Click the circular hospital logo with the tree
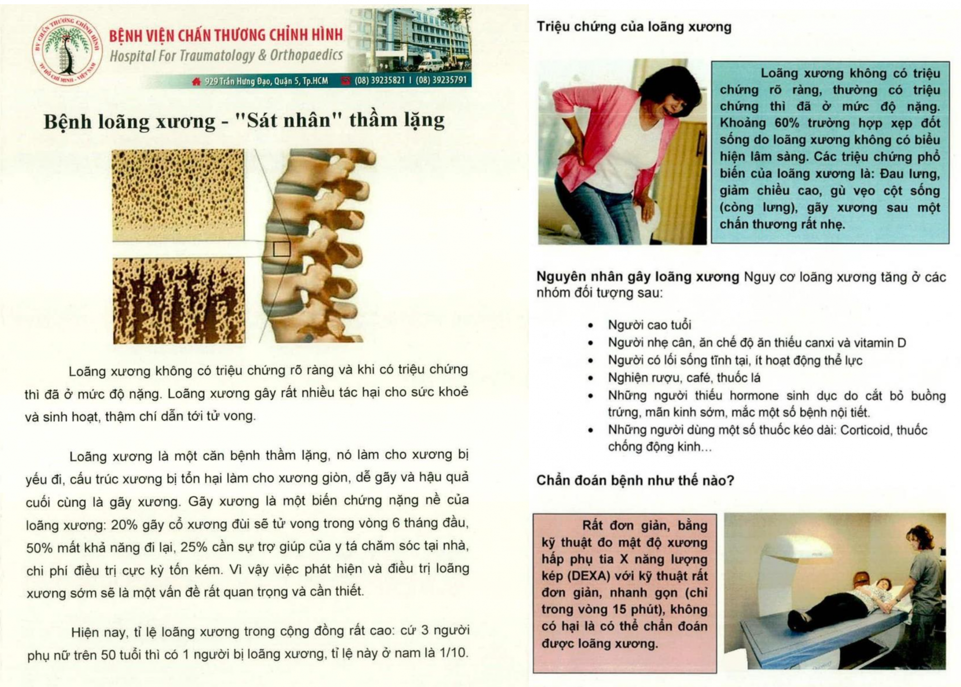(68, 50)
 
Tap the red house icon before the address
(196, 81)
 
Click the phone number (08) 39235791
(441, 80)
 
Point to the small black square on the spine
(282, 249)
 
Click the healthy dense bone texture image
(178, 195)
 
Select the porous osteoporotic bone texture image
(179, 300)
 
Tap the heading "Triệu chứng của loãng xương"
(634, 26)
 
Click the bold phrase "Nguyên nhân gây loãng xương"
(638, 276)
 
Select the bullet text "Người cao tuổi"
(650, 325)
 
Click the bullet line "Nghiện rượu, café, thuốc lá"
(684, 378)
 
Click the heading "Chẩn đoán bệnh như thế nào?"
(635, 480)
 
